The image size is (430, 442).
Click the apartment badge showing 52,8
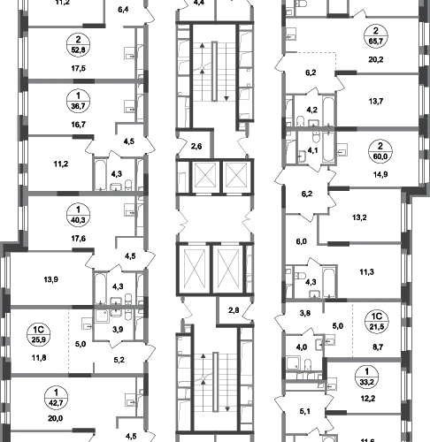78,45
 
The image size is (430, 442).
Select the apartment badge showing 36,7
78,101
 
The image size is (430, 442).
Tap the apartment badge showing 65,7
376,36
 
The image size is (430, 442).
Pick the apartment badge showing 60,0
380,151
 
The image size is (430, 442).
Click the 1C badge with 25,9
39,334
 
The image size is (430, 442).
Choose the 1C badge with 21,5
377,322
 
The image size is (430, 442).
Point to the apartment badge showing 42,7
57,398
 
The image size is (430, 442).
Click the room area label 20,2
376,60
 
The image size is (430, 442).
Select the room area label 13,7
376,102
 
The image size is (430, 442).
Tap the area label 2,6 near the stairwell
196,146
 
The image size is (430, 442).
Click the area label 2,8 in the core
234,310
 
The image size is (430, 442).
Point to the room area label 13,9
51,279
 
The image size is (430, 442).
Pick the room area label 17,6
79,239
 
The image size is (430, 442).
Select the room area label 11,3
367,272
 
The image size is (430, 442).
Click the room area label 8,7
378,347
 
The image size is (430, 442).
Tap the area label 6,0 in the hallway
302,241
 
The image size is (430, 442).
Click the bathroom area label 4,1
312,150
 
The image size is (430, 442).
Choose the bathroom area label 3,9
118,330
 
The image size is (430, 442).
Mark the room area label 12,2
368,399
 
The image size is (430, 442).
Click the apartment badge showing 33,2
366,377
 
